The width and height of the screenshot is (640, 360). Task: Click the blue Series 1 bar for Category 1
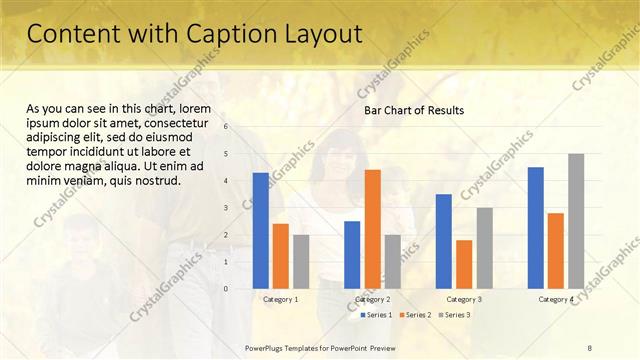pyautogui.click(x=261, y=231)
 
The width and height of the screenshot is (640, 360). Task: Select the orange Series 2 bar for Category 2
pyautogui.click(x=372, y=229)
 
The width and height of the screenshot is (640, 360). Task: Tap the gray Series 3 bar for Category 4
pyautogui.click(x=576, y=221)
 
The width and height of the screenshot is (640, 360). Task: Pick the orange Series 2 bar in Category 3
pyautogui.click(x=464, y=264)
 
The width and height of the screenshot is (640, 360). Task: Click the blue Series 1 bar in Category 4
pyautogui.click(x=535, y=228)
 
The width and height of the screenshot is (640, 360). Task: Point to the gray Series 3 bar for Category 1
pyautogui.click(x=301, y=262)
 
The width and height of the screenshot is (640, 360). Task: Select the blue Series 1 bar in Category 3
pyautogui.click(x=443, y=241)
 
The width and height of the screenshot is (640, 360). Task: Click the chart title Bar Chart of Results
pyautogui.click(x=413, y=110)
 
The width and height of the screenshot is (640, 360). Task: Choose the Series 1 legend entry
pyautogui.click(x=375, y=315)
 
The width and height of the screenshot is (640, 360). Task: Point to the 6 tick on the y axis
pyautogui.click(x=227, y=127)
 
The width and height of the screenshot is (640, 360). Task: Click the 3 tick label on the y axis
pyautogui.click(x=227, y=208)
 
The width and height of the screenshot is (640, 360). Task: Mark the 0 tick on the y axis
pyautogui.click(x=227, y=289)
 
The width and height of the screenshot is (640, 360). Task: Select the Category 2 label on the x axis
pyautogui.click(x=372, y=299)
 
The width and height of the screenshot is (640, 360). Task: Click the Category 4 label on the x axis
pyautogui.click(x=556, y=299)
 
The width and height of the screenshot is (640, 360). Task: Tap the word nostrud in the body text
pyautogui.click(x=156, y=181)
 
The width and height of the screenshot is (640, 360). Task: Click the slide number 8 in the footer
pyautogui.click(x=590, y=347)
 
